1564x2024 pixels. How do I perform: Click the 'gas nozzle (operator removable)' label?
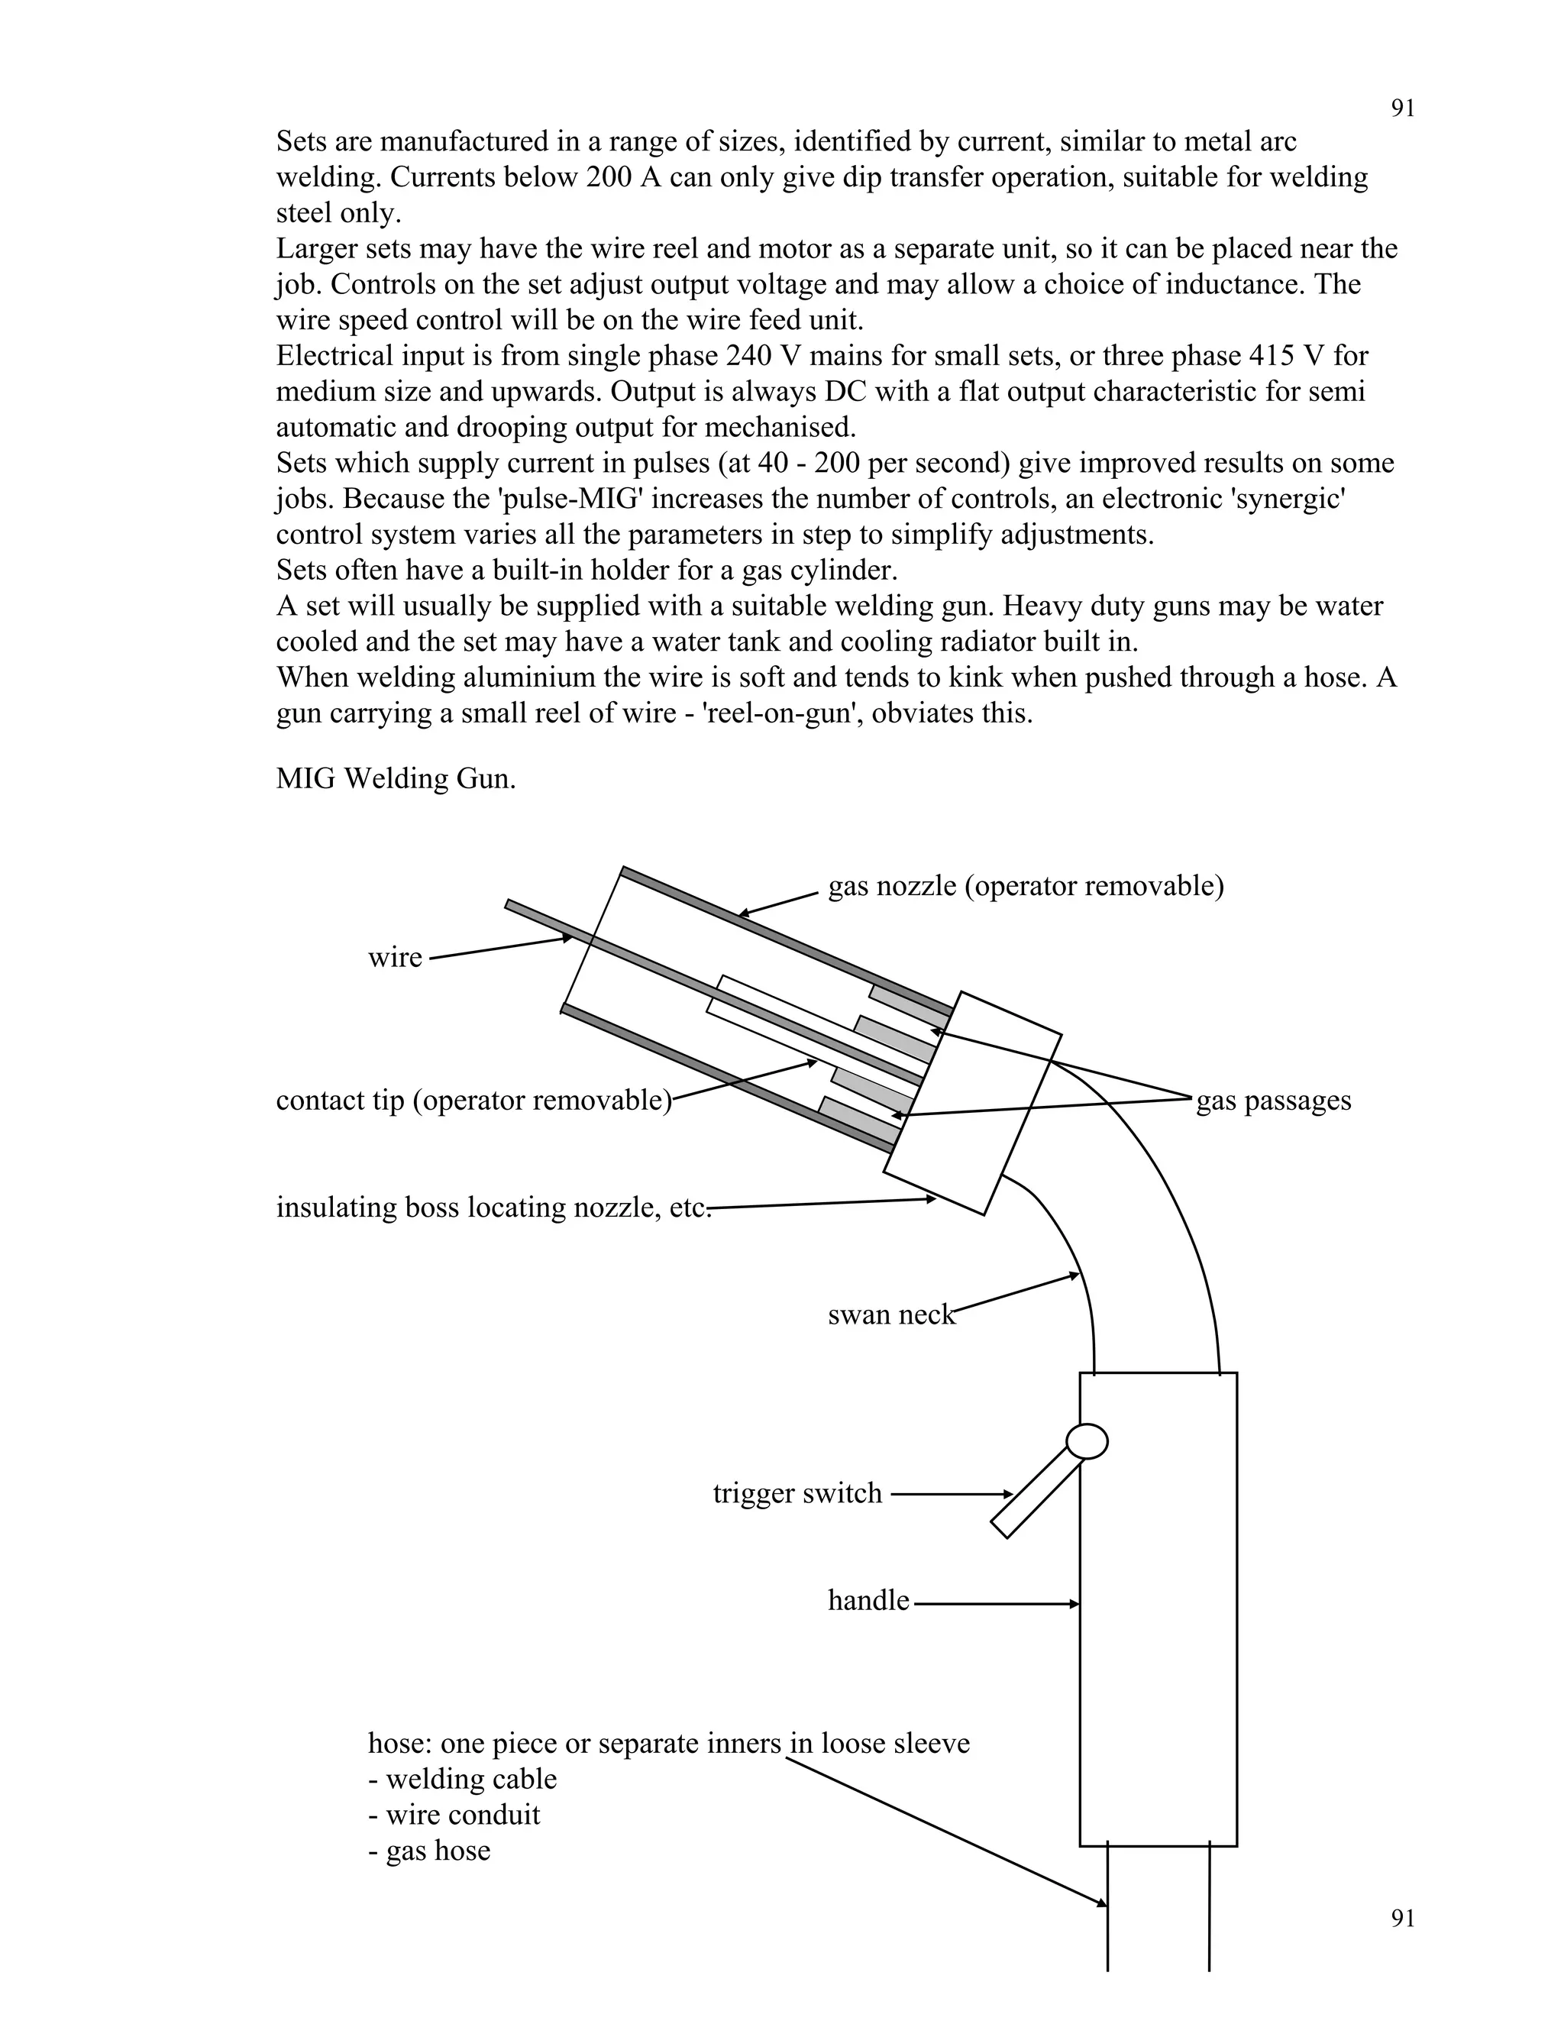click(1026, 887)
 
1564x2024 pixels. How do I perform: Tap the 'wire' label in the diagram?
click(395, 957)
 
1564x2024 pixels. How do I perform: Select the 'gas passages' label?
click(1273, 1101)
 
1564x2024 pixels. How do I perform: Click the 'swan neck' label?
click(890, 1315)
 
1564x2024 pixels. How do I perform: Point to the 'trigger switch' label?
click(797, 1494)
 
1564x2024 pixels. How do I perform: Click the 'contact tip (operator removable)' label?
click(473, 1101)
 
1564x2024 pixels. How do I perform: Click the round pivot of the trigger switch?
click(1087, 1442)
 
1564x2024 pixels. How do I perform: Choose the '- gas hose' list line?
click(429, 1851)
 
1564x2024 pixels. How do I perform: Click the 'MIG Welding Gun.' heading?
click(396, 778)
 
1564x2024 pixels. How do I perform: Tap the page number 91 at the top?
click(1403, 109)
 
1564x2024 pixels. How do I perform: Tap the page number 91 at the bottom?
click(1403, 1919)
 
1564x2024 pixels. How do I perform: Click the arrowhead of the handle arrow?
click(1074, 1603)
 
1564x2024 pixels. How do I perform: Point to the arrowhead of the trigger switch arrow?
click(1009, 1494)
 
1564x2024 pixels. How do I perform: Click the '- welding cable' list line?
click(462, 1780)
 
